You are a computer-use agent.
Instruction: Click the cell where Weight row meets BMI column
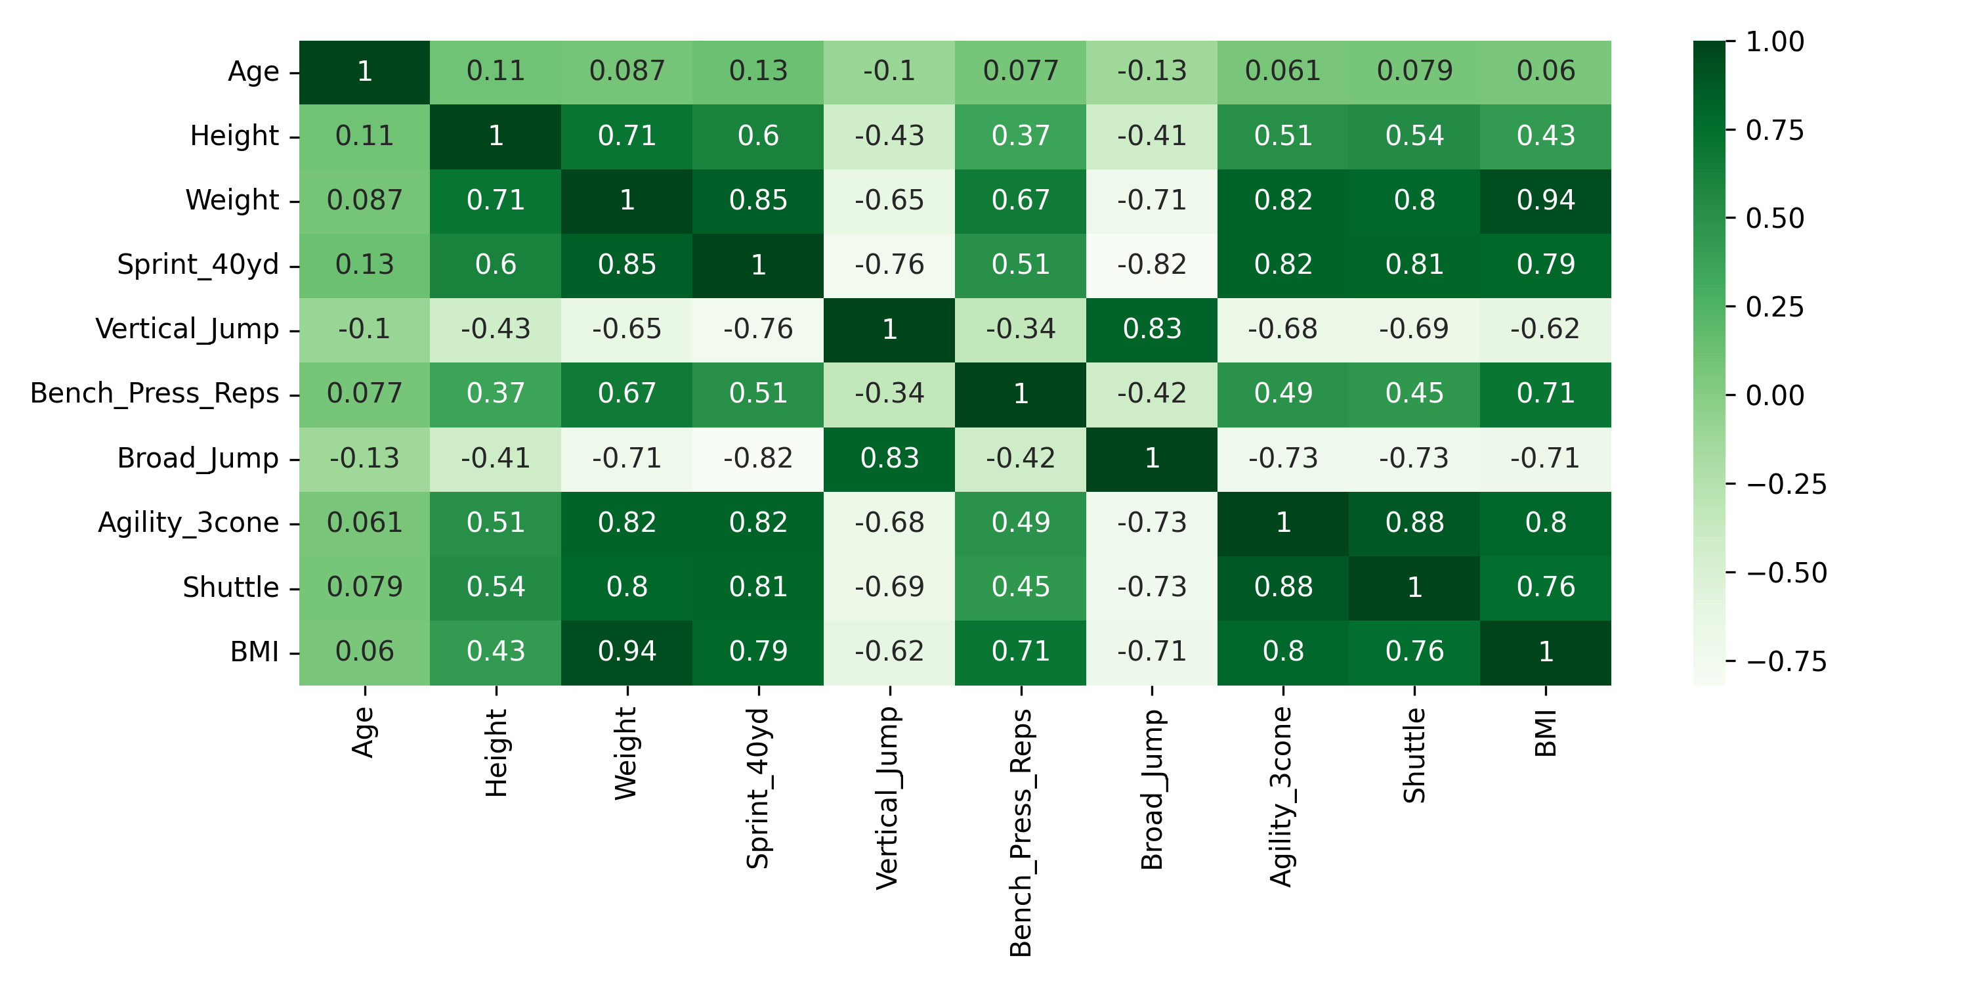coord(1545,200)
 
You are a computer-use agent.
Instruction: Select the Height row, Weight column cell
coord(627,136)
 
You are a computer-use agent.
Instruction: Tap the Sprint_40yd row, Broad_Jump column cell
coord(1151,265)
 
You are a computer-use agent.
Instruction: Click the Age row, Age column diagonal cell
coord(365,72)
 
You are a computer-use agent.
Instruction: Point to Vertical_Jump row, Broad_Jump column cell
coord(1151,330)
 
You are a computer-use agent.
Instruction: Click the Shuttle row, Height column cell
coord(496,587)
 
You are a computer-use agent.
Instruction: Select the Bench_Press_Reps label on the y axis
coord(154,394)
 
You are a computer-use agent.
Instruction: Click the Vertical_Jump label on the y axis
coord(186,330)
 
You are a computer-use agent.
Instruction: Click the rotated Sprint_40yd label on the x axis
coord(757,789)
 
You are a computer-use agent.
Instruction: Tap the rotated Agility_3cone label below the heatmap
coord(1282,796)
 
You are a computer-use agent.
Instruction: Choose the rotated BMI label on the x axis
coord(1545,733)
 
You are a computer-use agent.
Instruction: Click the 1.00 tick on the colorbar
coord(1775,42)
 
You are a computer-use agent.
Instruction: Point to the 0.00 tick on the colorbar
coord(1775,396)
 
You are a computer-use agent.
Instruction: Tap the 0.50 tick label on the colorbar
coord(1775,219)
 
